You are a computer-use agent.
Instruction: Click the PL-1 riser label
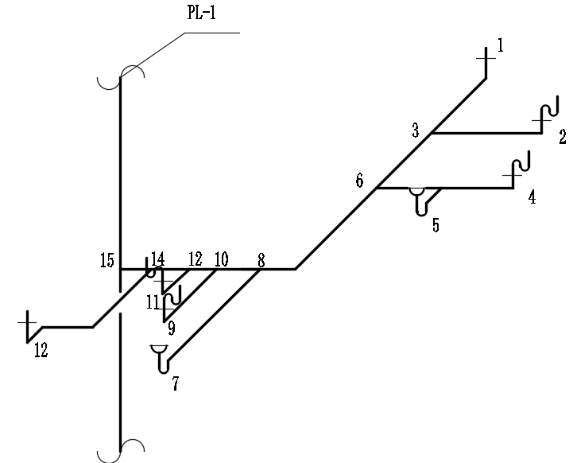(201, 13)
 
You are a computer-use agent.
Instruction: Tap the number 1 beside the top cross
(500, 45)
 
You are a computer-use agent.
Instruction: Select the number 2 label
(562, 137)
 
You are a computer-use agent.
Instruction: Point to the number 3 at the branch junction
(415, 130)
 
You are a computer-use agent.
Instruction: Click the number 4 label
(532, 196)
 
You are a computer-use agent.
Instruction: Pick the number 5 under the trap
(436, 225)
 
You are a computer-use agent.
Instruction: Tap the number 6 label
(359, 181)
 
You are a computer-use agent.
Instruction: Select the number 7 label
(175, 383)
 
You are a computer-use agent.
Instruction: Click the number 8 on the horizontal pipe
(261, 260)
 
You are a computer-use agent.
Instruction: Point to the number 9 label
(171, 328)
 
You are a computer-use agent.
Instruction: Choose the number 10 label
(221, 259)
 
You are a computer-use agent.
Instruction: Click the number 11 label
(153, 302)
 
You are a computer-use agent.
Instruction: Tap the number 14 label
(158, 259)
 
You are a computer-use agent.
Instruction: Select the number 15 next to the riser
(107, 260)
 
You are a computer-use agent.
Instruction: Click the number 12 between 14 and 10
(195, 259)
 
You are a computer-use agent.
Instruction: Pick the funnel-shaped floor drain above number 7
(160, 351)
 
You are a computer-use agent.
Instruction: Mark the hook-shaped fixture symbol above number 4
(521, 163)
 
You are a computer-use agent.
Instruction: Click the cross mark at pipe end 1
(486, 58)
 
